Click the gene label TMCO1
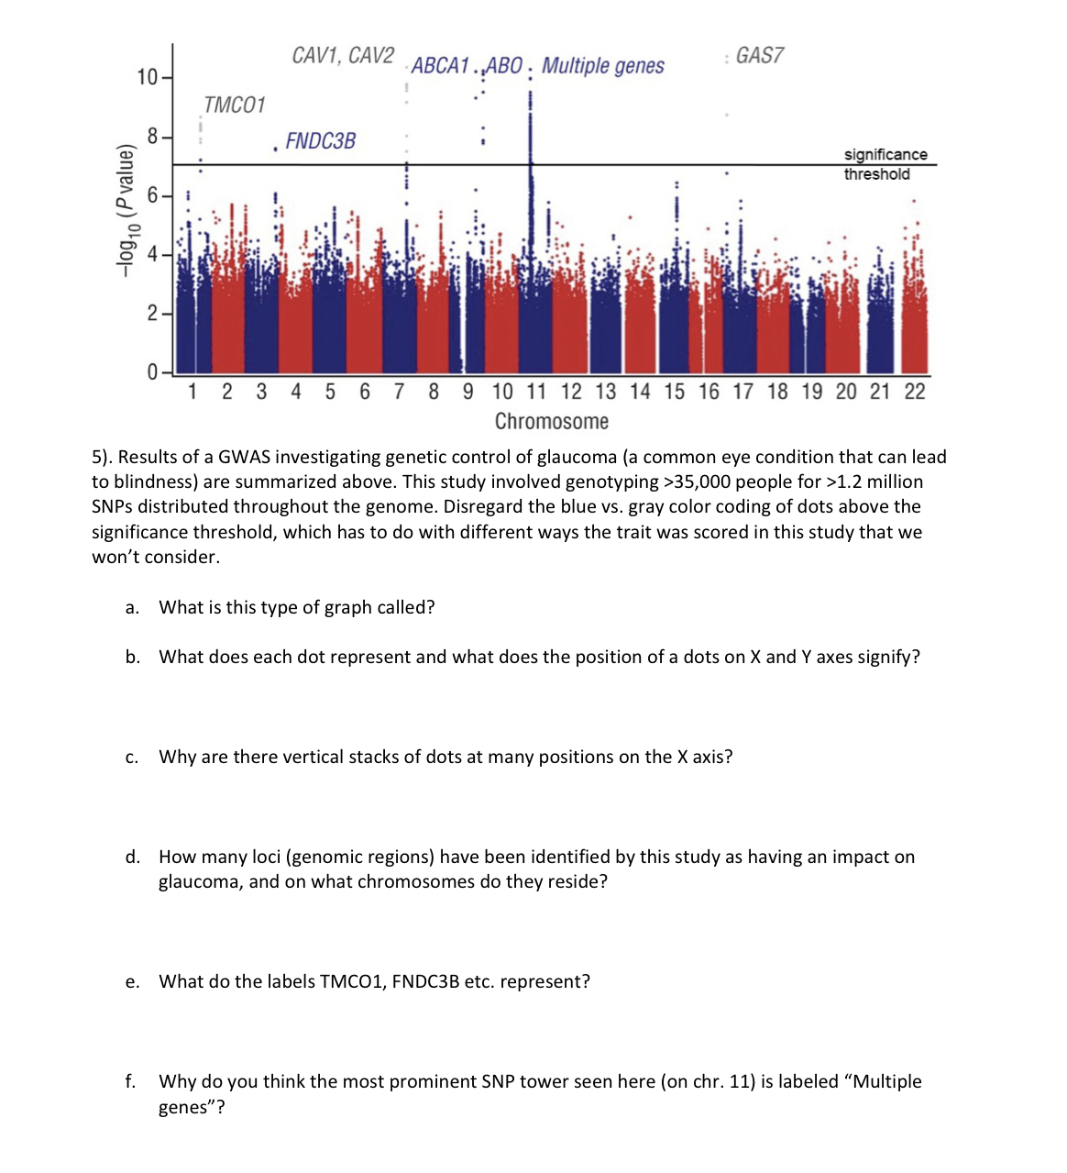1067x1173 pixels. tap(235, 105)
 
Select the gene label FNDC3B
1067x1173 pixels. tap(320, 141)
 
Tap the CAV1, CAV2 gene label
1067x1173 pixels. tap(343, 56)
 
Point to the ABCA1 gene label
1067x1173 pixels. tap(440, 66)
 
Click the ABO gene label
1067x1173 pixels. tap(503, 66)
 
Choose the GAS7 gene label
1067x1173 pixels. tap(759, 56)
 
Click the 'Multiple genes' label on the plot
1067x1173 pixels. tap(602, 66)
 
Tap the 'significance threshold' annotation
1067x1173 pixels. tap(885, 164)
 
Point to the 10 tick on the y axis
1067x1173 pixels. tap(147, 77)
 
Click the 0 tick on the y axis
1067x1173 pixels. tap(152, 372)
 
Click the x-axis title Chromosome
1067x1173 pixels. tap(551, 422)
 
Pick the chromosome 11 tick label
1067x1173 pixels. tap(536, 393)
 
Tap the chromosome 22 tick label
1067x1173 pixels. tap(914, 393)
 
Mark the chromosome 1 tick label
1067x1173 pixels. tap(192, 393)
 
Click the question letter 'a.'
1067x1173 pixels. tap(132, 608)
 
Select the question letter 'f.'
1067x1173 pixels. tap(130, 1082)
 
